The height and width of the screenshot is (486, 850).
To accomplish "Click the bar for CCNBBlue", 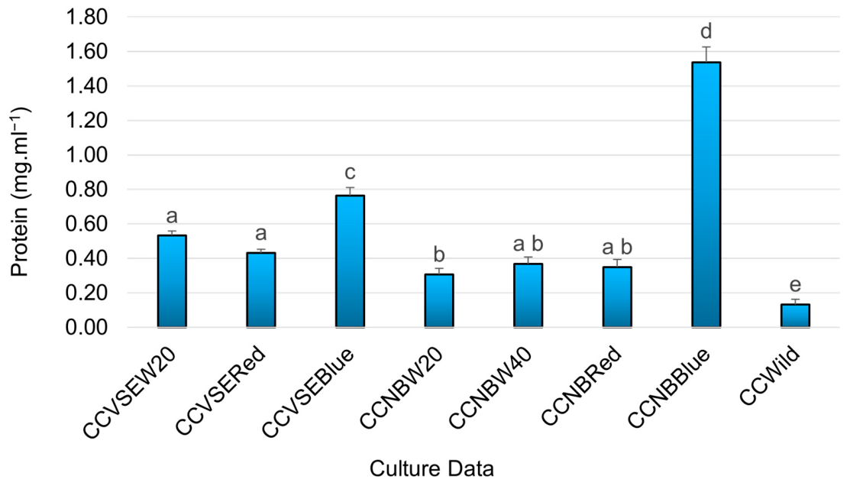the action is tap(706, 195).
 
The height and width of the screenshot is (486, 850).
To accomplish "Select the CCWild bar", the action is tap(795, 316).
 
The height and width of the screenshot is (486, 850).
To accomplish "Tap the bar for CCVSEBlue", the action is tap(351, 261).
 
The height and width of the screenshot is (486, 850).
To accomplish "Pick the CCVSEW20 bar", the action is tap(172, 281).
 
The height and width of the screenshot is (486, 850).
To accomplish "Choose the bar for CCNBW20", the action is tap(439, 300).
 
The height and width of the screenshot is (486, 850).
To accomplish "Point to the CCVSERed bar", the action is tap(260, 290).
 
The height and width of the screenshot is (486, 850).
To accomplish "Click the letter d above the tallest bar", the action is tap(706, 31).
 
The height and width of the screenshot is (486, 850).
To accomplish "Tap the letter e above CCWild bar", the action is tap(795, 285).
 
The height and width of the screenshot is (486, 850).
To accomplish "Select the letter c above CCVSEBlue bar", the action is tap(351, 173).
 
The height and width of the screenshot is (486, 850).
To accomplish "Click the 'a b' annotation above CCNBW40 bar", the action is tap(528, 244).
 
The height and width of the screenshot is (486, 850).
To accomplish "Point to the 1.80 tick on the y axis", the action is tap(87, 18).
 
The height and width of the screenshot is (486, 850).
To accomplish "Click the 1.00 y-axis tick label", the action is tap(87, 155).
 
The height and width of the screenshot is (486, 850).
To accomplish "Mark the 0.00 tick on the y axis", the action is tap(87, 328).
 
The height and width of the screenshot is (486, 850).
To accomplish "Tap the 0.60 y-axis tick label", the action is tap(87, 224).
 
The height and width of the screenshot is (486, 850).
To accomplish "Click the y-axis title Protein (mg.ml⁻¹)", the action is tap(21, 192).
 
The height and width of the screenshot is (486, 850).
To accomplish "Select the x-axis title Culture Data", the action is tap(431, 468).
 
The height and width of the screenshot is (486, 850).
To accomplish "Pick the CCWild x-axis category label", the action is tap(770, 376).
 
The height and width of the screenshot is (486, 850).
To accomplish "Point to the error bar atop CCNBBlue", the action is tap(706, 54).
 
